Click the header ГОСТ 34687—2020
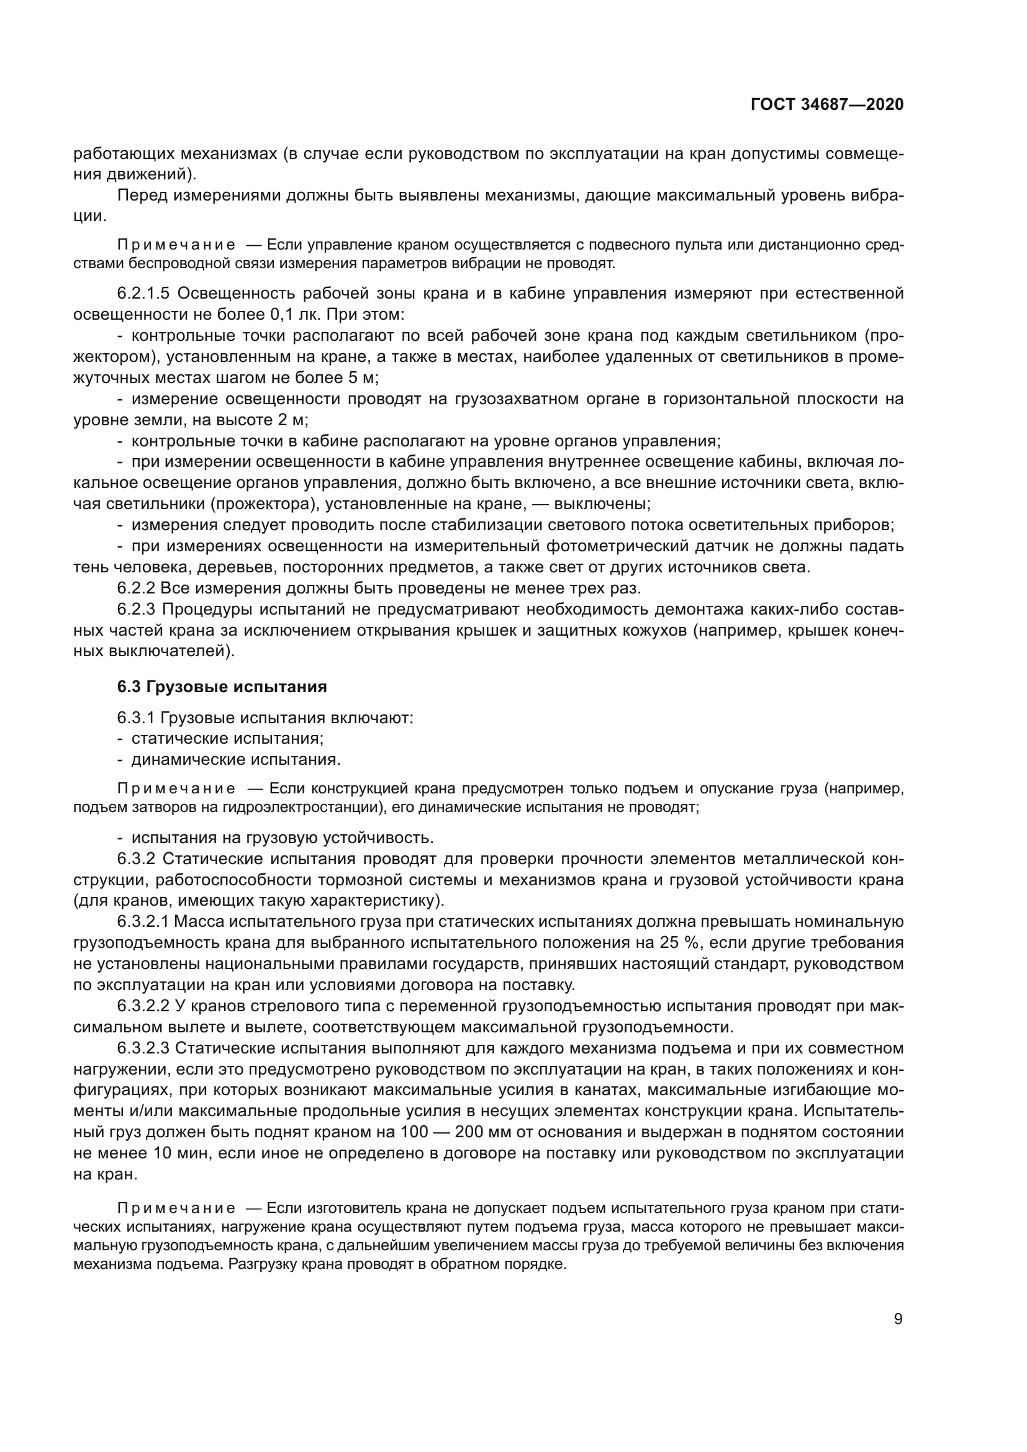pyautogui.click(x=827, y=105)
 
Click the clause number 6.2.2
pyautogui.click(x=136, y=588)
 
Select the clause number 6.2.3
pyautogui.click(x=136, y=609)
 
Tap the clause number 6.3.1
pyautogui.click(x=136, y=718)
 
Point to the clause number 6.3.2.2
pyautogui.click(x=143, y=1006)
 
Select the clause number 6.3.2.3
pyautogui.click(x=143, y=1048)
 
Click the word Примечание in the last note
pyautogui.click(x=176, y=1209)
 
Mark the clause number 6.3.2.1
pyautogui.click(x=143, y=921)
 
